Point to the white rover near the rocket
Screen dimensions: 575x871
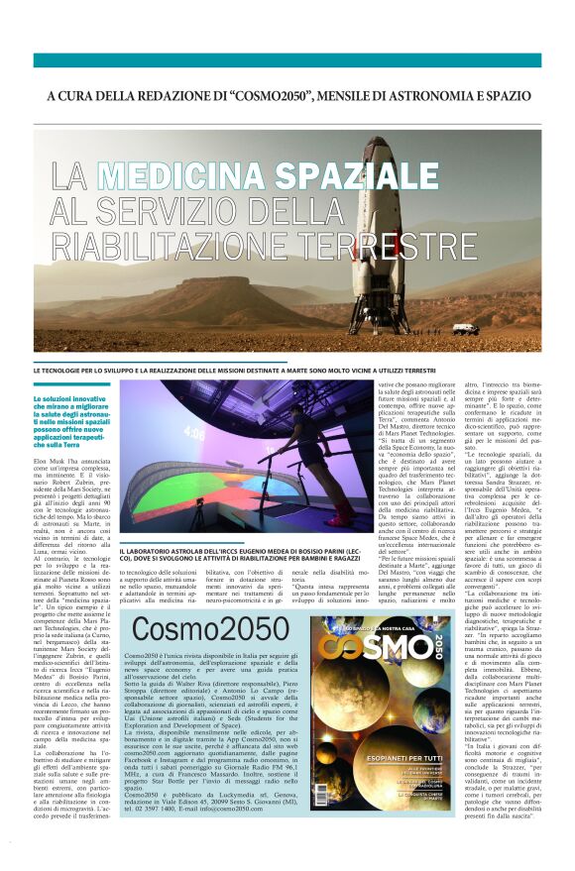tap(465, 328)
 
